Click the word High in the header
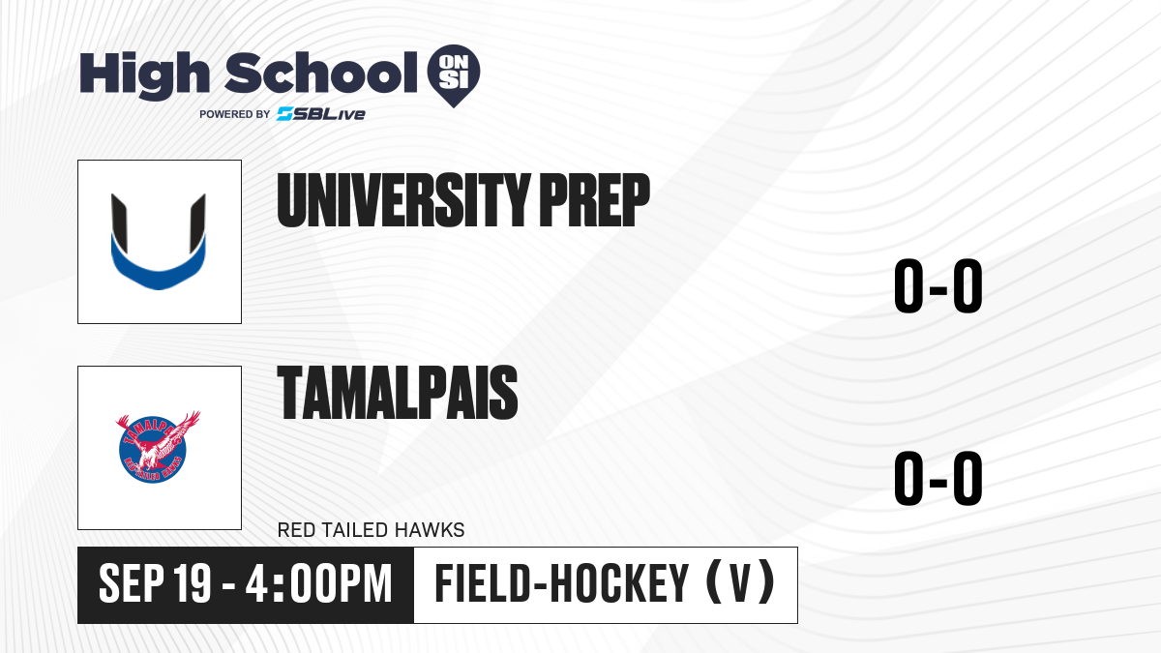pyautogui.click(x=144, y=74)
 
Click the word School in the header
pyautogui.click(x=321, y=73)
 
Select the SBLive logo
pyautogui.click(x=321, y=113)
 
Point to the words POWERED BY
pyautogui.click(x=235, y=114)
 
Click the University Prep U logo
pyautogui.click(x=159, y=242)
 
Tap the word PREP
pyautogui.click(x=595, y=200)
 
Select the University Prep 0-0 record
pyautogui.click(x=938, y=285)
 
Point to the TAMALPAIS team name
pyautogui.click(x=398, y=393)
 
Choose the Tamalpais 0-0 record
pyautogui.click(x=938, y=478)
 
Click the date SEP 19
pyautogui.click(x=155, y=583)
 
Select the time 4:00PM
pyautogui.click(x=318, y=583)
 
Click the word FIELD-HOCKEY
pyautogui.click(x=562, y=583)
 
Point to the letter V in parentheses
pyautogui.click(x=741, y=583)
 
